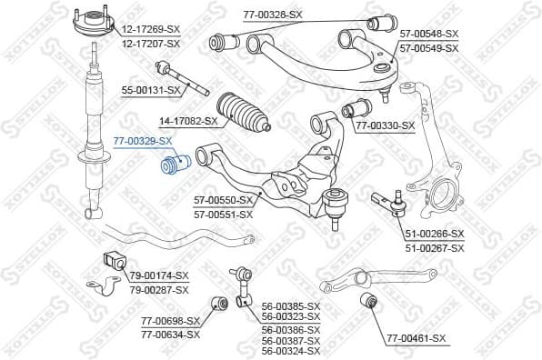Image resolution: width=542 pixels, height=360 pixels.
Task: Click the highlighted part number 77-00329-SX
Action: pos(142,141)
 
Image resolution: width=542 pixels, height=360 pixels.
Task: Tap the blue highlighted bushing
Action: pos(173,167)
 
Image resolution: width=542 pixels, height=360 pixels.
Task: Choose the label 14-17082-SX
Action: pos(188,120)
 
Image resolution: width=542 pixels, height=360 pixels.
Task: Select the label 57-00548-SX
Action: pos(428,33)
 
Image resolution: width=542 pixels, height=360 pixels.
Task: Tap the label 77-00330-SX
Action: pos(384,125)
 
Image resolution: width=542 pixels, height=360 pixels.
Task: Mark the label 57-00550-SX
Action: pos(224,202)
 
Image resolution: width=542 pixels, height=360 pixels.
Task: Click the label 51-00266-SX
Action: pos(434,234)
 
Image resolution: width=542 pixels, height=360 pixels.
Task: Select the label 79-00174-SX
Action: pos(158,275)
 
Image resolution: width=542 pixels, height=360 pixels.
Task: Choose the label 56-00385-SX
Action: pos(291,306)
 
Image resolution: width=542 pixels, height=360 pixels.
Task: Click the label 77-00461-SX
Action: pos(417,338)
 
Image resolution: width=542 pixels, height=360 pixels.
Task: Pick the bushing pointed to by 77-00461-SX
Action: pos(369,301)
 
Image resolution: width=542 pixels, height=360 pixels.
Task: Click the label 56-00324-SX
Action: pos(291,351)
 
